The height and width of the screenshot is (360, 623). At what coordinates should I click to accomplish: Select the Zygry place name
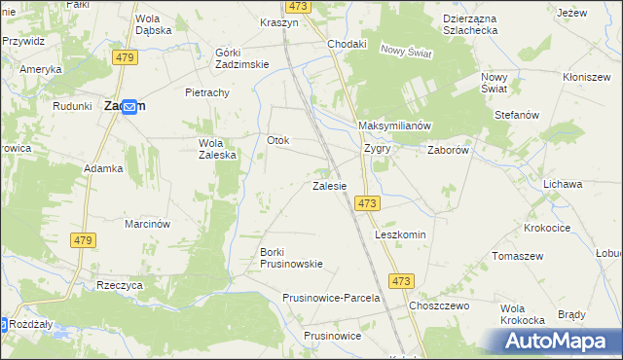(x=377, y=150)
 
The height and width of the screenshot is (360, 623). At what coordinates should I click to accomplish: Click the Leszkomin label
(x=401, y=235)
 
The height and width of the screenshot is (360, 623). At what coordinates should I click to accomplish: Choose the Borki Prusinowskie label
(x=290, y=258)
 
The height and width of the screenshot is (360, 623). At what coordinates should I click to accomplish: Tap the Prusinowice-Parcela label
(x=330, y=298)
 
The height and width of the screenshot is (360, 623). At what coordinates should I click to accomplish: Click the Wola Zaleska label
(x=211, y=148)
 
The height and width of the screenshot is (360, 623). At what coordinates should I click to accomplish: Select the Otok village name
(x=278, y=140)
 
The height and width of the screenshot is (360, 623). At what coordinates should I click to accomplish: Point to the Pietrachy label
(x=206, y=92)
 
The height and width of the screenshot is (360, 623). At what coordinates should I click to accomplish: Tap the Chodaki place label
(x=347, y=44)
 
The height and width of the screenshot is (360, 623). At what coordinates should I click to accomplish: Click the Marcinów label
(x=148, y=224)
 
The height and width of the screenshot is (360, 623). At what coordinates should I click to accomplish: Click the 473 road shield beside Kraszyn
(x=299, y=6)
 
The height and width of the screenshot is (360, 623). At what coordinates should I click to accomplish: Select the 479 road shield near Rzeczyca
(x=83, y=239)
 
